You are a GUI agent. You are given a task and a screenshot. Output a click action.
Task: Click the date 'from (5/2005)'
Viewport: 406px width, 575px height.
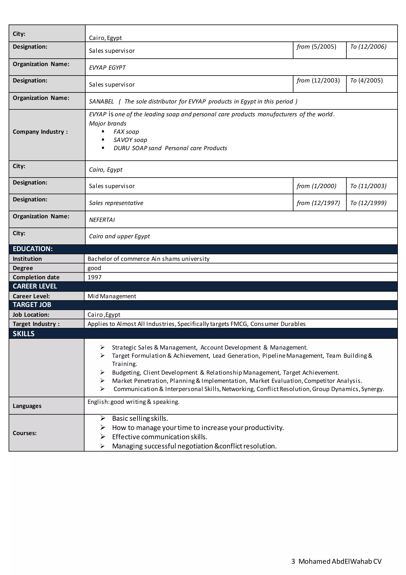tap(316, 47)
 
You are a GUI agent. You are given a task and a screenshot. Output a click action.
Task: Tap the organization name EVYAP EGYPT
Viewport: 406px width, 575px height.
tap(107, 68)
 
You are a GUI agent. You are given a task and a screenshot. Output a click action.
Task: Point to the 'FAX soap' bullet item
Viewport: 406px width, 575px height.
tap(126, 132)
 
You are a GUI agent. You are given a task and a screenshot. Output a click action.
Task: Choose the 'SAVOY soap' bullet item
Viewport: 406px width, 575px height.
tap(130, 140)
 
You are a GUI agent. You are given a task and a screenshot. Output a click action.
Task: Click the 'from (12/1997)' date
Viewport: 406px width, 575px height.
tap(318, 203)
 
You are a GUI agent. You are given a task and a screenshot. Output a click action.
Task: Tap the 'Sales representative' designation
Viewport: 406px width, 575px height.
tap(116, 203)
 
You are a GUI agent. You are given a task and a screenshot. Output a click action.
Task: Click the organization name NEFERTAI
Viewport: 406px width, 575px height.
tap(102, 220)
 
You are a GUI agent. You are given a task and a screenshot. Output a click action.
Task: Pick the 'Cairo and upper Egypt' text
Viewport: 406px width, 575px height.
tap(119, 236)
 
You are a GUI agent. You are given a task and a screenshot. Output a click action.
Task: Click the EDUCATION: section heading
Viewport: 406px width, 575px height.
tap(33, 249)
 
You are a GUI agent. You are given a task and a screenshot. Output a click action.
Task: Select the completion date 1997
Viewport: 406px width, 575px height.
tap(95, 277)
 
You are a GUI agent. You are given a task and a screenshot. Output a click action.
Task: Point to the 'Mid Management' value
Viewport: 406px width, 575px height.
tap(112, 296)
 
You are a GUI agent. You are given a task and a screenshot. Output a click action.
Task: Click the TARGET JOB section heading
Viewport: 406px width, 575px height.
tap(32, 305)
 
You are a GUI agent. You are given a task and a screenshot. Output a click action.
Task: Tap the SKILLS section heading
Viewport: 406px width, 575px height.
tap(24, 334)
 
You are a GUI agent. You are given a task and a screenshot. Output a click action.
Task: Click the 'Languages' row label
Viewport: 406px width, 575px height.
tap(27, 406)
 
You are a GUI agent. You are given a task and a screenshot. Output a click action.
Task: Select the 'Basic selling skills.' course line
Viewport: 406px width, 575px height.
tap(140, 419)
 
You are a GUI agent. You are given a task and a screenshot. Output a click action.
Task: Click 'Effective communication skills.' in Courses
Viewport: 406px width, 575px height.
tap(160, 437)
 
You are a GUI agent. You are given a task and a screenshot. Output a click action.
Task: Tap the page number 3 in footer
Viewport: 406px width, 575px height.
tap(293, 561)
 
